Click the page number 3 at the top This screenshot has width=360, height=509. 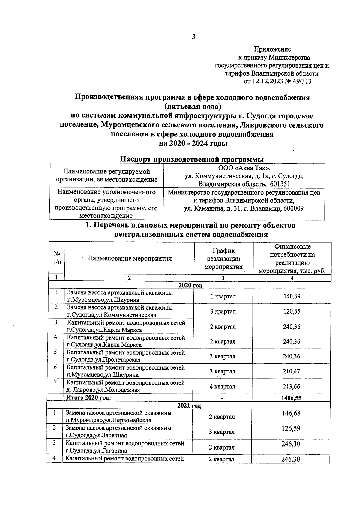pyautogui.click(x=193, y=37)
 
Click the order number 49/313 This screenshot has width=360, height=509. pyautogui.click(x=301, y=82)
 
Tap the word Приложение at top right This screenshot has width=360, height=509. pyautogui.click(x=272, y=49)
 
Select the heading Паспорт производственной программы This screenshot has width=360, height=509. pyautogui.click(x=192, y=159)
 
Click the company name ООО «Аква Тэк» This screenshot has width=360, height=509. pyautogui.click(x=244, y=169)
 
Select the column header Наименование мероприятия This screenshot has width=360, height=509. pyautogui.click(x=130, y=258)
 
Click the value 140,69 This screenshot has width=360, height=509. pyautogui.click(x=292, y=296)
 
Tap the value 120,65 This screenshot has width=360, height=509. pyautogui.click(x=292, y=311)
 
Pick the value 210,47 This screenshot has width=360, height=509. pyautogui.click(x=292, y=371)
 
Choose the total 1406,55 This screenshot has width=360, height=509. pyautogui.click(x=292, y=398)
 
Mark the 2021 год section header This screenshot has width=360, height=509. pyautogui.click(x=189, y=406)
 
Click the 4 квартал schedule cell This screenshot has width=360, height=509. pyautogui.click(x=222, y=387)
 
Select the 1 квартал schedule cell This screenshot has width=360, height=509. pyautogui.click(x=223, y=296)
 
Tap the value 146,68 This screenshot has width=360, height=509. pyautogui.click(x=291, y=413)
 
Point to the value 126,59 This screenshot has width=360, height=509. pyautogui.click(x=291, y=428)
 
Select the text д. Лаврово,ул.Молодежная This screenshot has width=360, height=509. pyautogui.click(x=103, y=390)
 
